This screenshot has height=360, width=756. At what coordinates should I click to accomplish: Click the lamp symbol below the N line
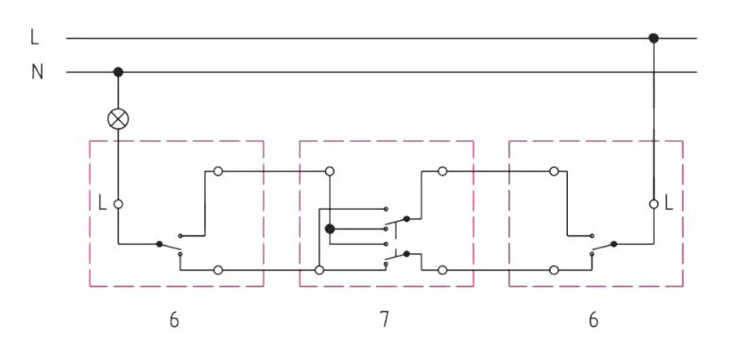118,119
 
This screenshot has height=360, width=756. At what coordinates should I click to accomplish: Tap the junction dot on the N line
118,73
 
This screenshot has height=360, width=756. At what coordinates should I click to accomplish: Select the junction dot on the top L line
653,38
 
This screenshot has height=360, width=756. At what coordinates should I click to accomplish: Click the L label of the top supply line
35,38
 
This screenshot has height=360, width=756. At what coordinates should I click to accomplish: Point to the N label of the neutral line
37,73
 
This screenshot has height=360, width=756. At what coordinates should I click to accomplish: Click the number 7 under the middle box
384,319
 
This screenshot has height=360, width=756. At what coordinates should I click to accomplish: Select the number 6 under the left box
175,319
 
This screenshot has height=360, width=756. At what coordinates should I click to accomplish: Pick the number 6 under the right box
593,319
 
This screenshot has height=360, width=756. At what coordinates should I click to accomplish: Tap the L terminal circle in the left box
118,204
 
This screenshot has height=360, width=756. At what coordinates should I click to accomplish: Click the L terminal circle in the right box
654,204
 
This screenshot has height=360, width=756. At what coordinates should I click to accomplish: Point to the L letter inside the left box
102,204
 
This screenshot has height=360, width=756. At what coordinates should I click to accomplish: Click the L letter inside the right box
669,204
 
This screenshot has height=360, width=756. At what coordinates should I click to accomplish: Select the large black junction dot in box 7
330,229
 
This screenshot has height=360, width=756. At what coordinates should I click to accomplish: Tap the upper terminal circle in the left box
218,171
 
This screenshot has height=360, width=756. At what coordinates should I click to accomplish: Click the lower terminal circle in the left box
218,270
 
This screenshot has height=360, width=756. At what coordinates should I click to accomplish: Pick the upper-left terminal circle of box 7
330,171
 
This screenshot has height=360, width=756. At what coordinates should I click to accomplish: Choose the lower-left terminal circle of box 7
319,270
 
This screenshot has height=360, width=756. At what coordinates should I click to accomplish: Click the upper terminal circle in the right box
554,171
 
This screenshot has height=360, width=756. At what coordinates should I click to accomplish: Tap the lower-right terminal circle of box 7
442,270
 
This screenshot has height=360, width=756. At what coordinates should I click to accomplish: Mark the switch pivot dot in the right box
613,244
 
